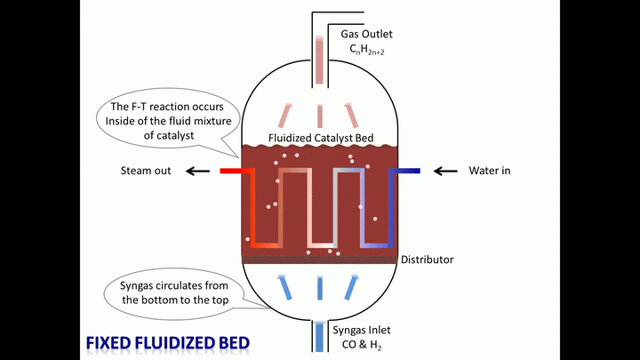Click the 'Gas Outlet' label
click(x=366, y=34)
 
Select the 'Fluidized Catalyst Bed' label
click(x=321, y=139)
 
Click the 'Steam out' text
click(x=146, y=171)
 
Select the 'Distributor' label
click(x=427, y=260)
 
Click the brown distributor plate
click(x=320, y=260)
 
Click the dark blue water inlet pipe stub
click(x=408, y=171)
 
